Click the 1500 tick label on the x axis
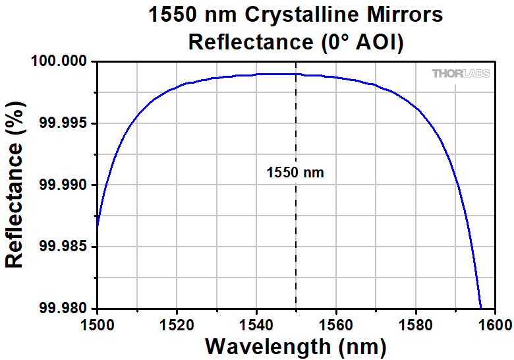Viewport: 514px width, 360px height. point(98,324)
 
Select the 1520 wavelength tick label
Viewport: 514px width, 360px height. point(177,324)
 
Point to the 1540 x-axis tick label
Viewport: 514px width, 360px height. point(256,324)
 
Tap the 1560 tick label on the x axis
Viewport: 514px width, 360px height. point(336,324)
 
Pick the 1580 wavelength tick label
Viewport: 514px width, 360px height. point(415,324)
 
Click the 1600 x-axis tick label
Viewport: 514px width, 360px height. point(494,324)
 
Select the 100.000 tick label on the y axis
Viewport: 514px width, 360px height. point(60,62)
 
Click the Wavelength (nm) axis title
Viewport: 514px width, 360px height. point(295,345)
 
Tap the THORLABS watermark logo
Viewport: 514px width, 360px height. point(461,74)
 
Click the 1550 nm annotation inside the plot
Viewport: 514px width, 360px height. point(295,173)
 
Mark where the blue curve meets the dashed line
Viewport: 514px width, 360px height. point(296,75)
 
